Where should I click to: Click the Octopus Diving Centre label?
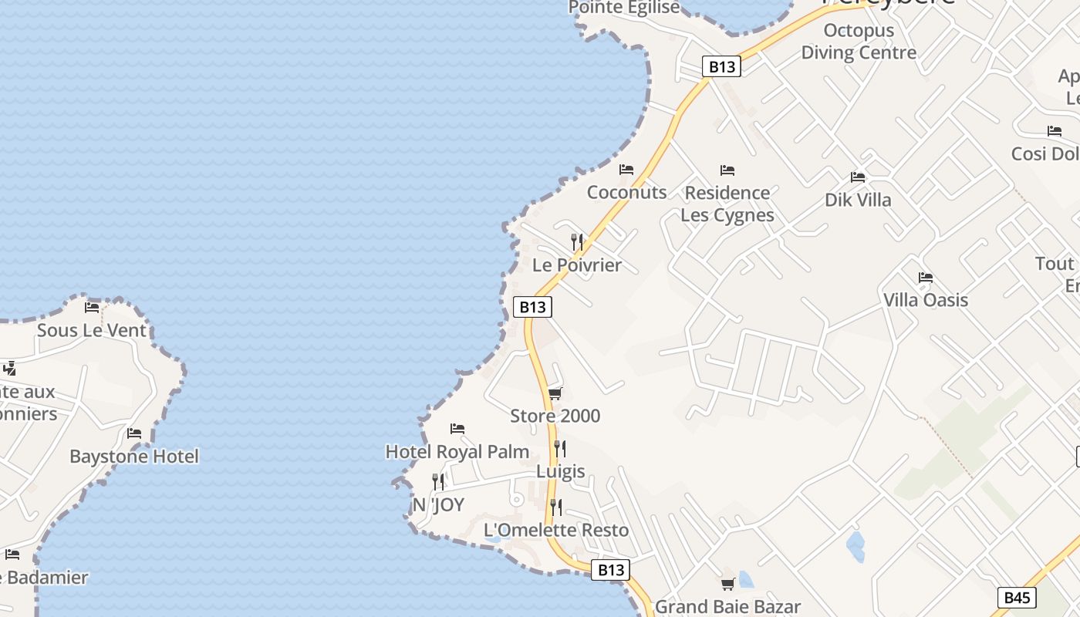pyautogui.click(x=859, y=42)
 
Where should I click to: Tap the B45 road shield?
pyautogui.click(x=1017, y=597)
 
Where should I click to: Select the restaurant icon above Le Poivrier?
pyautogui.click(x=577, y=242)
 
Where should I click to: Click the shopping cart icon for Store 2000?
pyautogui.click(x=555, y=394)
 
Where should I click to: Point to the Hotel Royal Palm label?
pyautogui.click(x=457, y=452)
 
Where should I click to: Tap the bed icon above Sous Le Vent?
pyautogui.click(x=92, y=308)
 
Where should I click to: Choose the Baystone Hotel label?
pyautogui.click(x=134, y=457)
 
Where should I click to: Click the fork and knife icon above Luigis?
pyautogui.click(x=560, y=449)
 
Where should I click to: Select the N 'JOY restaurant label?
pyautogui.click(x=438, y=505)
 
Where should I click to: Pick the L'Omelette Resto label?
pyautogui.click(x=556, y=531)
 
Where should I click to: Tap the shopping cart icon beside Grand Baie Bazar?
pyautogui.click(x=727, y=585)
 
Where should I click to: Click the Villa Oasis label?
pyautogui.click(x=926, y=300)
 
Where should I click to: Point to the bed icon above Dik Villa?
pyautogui.click(x=857, y=177)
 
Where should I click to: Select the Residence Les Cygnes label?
pyautogui.click(x=727, y=204)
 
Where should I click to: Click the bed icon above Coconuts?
pyautogui.click(x=626, y=170)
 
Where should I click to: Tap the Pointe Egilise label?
pyautogui.click(x=624, y=8)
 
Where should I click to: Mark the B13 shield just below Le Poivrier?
pyautogui.click(x=532, y=307)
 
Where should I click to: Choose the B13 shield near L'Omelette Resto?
pyautogui.click(x=610, y=570)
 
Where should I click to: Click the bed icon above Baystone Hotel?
pyautogui.click(x=134, y=433)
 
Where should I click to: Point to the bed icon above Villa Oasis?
pyautogui.click(x=926, y=278)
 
